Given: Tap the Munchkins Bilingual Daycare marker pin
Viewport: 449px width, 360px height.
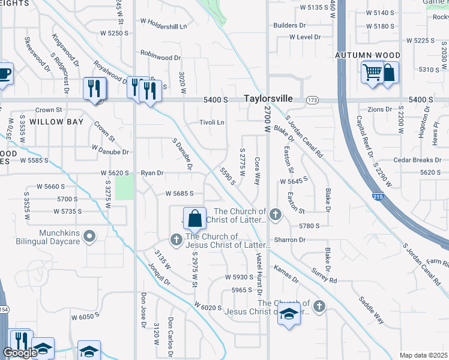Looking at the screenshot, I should [90, 237].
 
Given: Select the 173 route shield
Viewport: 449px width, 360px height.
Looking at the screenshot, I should [312, 100].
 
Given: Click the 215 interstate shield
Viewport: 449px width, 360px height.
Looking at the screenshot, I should [378, 197].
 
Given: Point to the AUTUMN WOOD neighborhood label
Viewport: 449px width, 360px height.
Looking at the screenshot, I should [367, 55].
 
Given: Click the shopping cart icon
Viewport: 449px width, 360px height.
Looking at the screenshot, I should [372, 73].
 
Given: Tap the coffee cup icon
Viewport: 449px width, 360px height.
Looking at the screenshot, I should [4, 74].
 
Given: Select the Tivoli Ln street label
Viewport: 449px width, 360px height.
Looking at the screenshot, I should [212, 122].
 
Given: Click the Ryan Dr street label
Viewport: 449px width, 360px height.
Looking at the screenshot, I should [152, 173].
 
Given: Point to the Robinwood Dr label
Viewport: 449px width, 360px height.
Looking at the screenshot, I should [160, 58].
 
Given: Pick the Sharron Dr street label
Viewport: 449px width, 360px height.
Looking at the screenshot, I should [290, 239].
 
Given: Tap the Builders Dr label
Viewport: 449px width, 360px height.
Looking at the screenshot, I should [289, 25].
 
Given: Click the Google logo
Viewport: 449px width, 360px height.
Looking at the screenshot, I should [20, 353].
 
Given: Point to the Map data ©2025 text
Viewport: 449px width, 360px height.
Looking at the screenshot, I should [424, 355].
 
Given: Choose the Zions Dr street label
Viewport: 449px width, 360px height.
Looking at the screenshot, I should [379, 110].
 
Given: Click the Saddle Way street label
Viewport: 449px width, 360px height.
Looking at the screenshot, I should [371, 309].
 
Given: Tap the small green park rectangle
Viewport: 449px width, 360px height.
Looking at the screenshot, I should [124, 188].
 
